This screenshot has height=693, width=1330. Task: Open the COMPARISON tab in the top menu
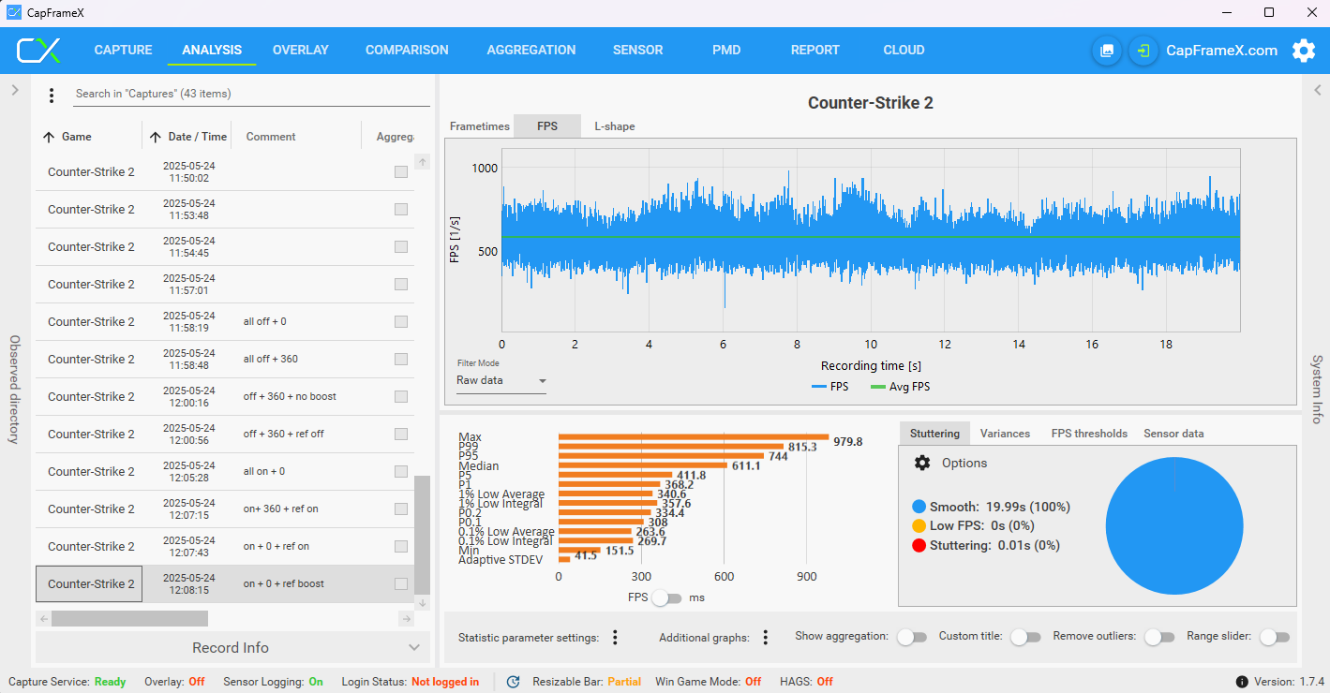[x=407, y=50]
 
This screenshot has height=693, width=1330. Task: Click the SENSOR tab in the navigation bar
[x=637, y=50]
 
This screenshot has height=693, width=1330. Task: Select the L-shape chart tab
[x=615, y=126]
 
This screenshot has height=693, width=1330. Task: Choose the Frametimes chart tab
[x=479, y=126]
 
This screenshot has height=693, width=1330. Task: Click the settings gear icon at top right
[x=1303, y=51]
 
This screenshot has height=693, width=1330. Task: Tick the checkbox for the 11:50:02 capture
[x=401, y=172]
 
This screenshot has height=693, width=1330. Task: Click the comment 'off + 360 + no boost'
[x=290, y=396]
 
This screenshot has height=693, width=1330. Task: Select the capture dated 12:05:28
[x=188, y=472]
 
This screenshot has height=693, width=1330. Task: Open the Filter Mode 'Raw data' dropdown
[x=501, y=380]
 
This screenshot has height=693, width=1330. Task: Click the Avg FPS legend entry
[x=900, y=387]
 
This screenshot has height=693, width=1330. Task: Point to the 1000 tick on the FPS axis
[x=485, y=169]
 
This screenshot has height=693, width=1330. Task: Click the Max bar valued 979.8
[x=694, y=437]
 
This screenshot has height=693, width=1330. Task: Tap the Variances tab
[x=1005, y=434]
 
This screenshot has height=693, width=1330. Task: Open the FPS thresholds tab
[x=1089, y=434]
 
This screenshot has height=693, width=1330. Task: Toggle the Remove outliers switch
[x=1159, y=637]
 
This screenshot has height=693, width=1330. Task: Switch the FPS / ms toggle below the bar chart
[x=666, y=598]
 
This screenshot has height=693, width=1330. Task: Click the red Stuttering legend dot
[x=919, y=545]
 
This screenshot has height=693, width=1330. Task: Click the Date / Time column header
[x=197, y=137]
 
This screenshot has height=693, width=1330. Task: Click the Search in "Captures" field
[x=251, y=94]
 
